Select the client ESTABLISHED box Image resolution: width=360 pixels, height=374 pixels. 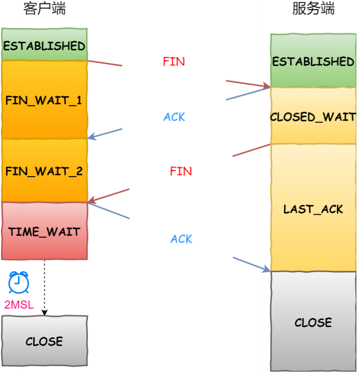tap(44, 45)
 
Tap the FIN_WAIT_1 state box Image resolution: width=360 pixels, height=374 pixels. tap(44, 100)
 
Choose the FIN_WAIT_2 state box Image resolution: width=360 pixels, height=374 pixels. tap(44, 171)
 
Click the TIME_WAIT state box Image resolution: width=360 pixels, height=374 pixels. tap(44, 232)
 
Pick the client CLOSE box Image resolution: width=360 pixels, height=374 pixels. tap(44, 341)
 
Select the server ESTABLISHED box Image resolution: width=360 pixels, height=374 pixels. tap(313, 61)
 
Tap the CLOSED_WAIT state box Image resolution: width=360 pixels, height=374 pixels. tap(313, 117)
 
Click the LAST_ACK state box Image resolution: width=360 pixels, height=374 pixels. tap(313, 209)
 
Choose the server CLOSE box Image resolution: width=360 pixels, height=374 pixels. tap(313, 322)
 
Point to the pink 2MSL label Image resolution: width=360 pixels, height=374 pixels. tap(19, 305)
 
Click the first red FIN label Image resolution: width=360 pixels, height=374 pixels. tap(174, 62)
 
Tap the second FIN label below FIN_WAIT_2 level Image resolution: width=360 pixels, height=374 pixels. tap(181, 171)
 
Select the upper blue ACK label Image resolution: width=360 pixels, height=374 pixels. tap(174, 117)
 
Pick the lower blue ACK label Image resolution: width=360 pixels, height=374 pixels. tap(182, 239)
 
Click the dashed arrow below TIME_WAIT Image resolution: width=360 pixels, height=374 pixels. tap(44, 287)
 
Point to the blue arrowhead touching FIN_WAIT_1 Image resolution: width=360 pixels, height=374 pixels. tap(91, 137)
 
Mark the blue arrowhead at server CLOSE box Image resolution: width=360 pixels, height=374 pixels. tap(267, 269)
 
